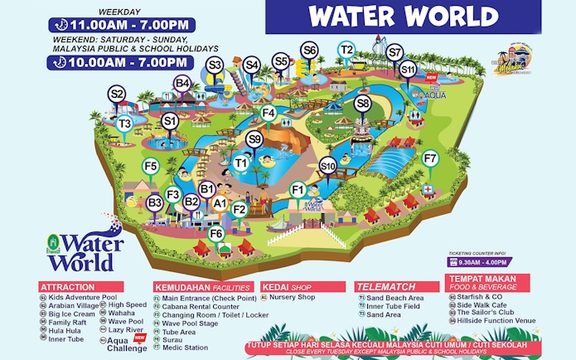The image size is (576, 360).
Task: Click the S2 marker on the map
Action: point(117,95)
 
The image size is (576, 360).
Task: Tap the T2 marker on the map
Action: point(347,51)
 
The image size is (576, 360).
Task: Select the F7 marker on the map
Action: point(429,158)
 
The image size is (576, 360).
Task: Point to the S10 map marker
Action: point(327,167)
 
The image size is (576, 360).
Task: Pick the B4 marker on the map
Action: point(182,83)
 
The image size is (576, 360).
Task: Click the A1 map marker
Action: point(220,202)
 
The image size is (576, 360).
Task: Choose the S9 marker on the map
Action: point(254,139)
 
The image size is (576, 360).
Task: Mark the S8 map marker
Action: point(362,104)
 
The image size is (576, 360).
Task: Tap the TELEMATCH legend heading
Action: point(380,287)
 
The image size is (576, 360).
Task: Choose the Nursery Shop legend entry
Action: point(294,297)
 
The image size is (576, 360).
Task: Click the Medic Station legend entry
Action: point(184,347)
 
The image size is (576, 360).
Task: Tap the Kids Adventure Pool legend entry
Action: point(83,297)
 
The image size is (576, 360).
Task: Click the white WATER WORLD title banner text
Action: point(403,16)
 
